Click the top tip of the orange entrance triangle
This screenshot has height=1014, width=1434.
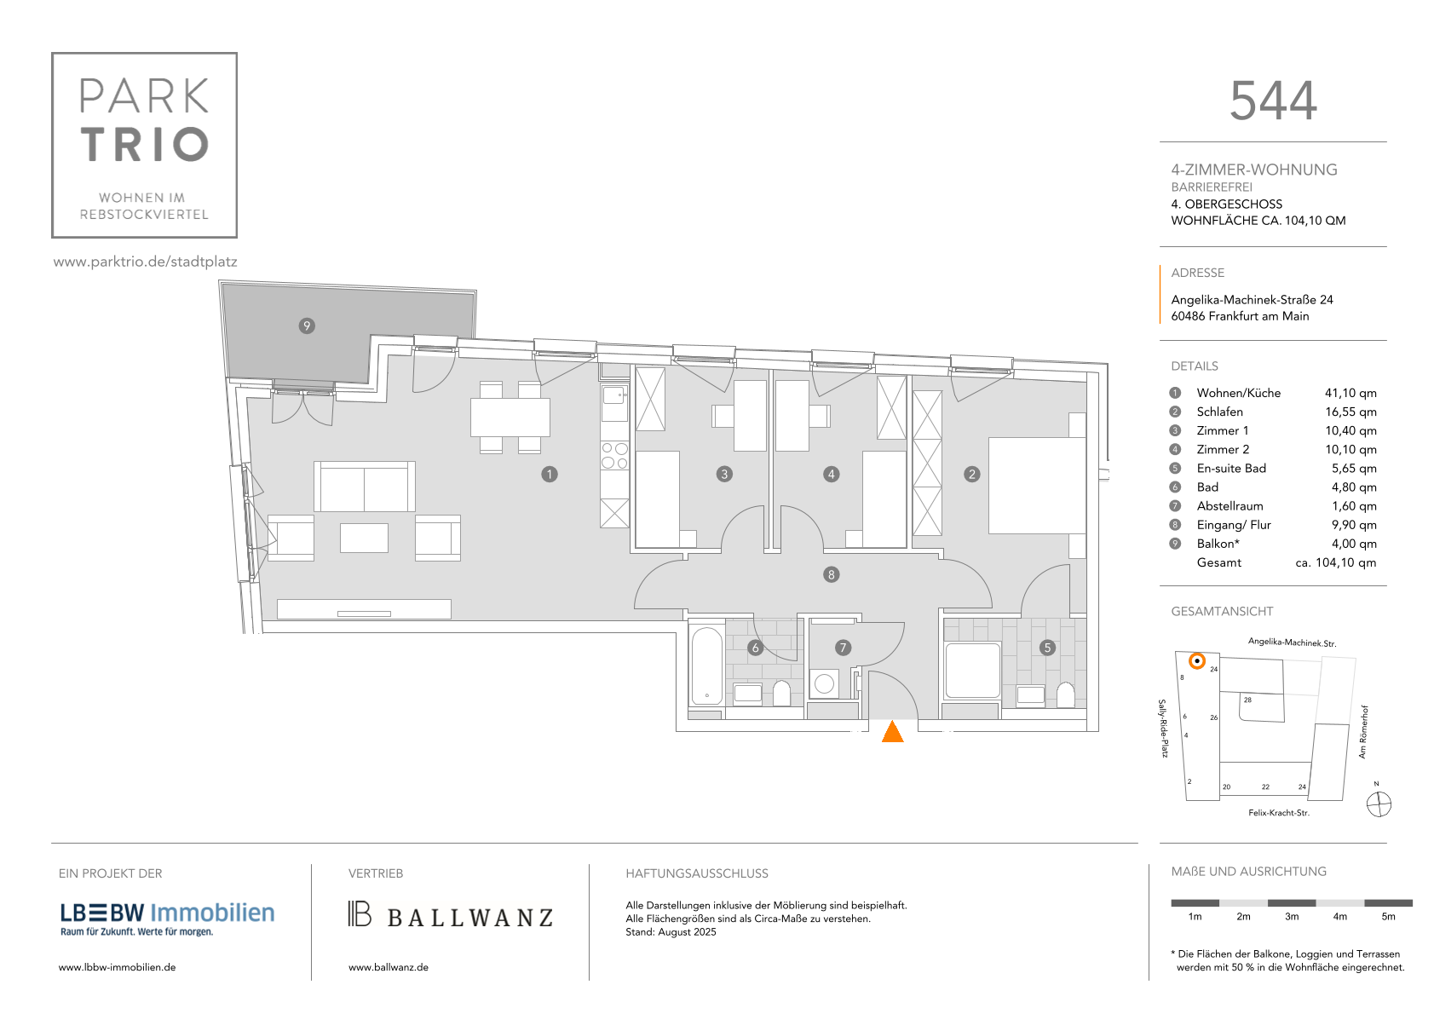(x=892, y=721)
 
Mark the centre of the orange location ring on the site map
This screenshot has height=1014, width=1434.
(x=1196, y=660)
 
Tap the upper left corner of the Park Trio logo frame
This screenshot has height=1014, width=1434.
(x=52, y=53)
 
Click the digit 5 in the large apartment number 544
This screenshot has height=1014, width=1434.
(x=1244, y=101)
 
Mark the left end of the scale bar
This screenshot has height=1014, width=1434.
(x=1172, y=903)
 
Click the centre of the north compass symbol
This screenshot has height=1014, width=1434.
(x=1379, y=804)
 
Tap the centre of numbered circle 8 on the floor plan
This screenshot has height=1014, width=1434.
(x=831, y=575)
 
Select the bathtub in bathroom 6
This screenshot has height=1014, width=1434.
(x=706, y=666)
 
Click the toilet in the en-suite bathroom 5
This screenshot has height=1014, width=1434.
(x=1065, y=695)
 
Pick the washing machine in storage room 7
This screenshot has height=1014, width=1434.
(x=825, y=683)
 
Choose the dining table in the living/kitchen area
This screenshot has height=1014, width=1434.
(x=510, y=418)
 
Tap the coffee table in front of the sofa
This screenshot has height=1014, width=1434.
(x=365, y=538)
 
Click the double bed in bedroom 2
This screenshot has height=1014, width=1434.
(x=1037, y=485)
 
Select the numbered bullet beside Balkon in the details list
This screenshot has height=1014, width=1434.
(x=1175, y=544)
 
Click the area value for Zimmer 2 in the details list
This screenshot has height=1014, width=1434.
(x=1350, y=449)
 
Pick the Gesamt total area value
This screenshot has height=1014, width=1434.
(x=1336, y=562)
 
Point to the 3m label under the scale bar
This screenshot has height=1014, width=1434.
(x=1292, y=917)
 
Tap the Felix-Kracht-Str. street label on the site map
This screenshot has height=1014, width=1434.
(x=1279, y=813)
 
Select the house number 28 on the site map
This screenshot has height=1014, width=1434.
(x=1247, y=700)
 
